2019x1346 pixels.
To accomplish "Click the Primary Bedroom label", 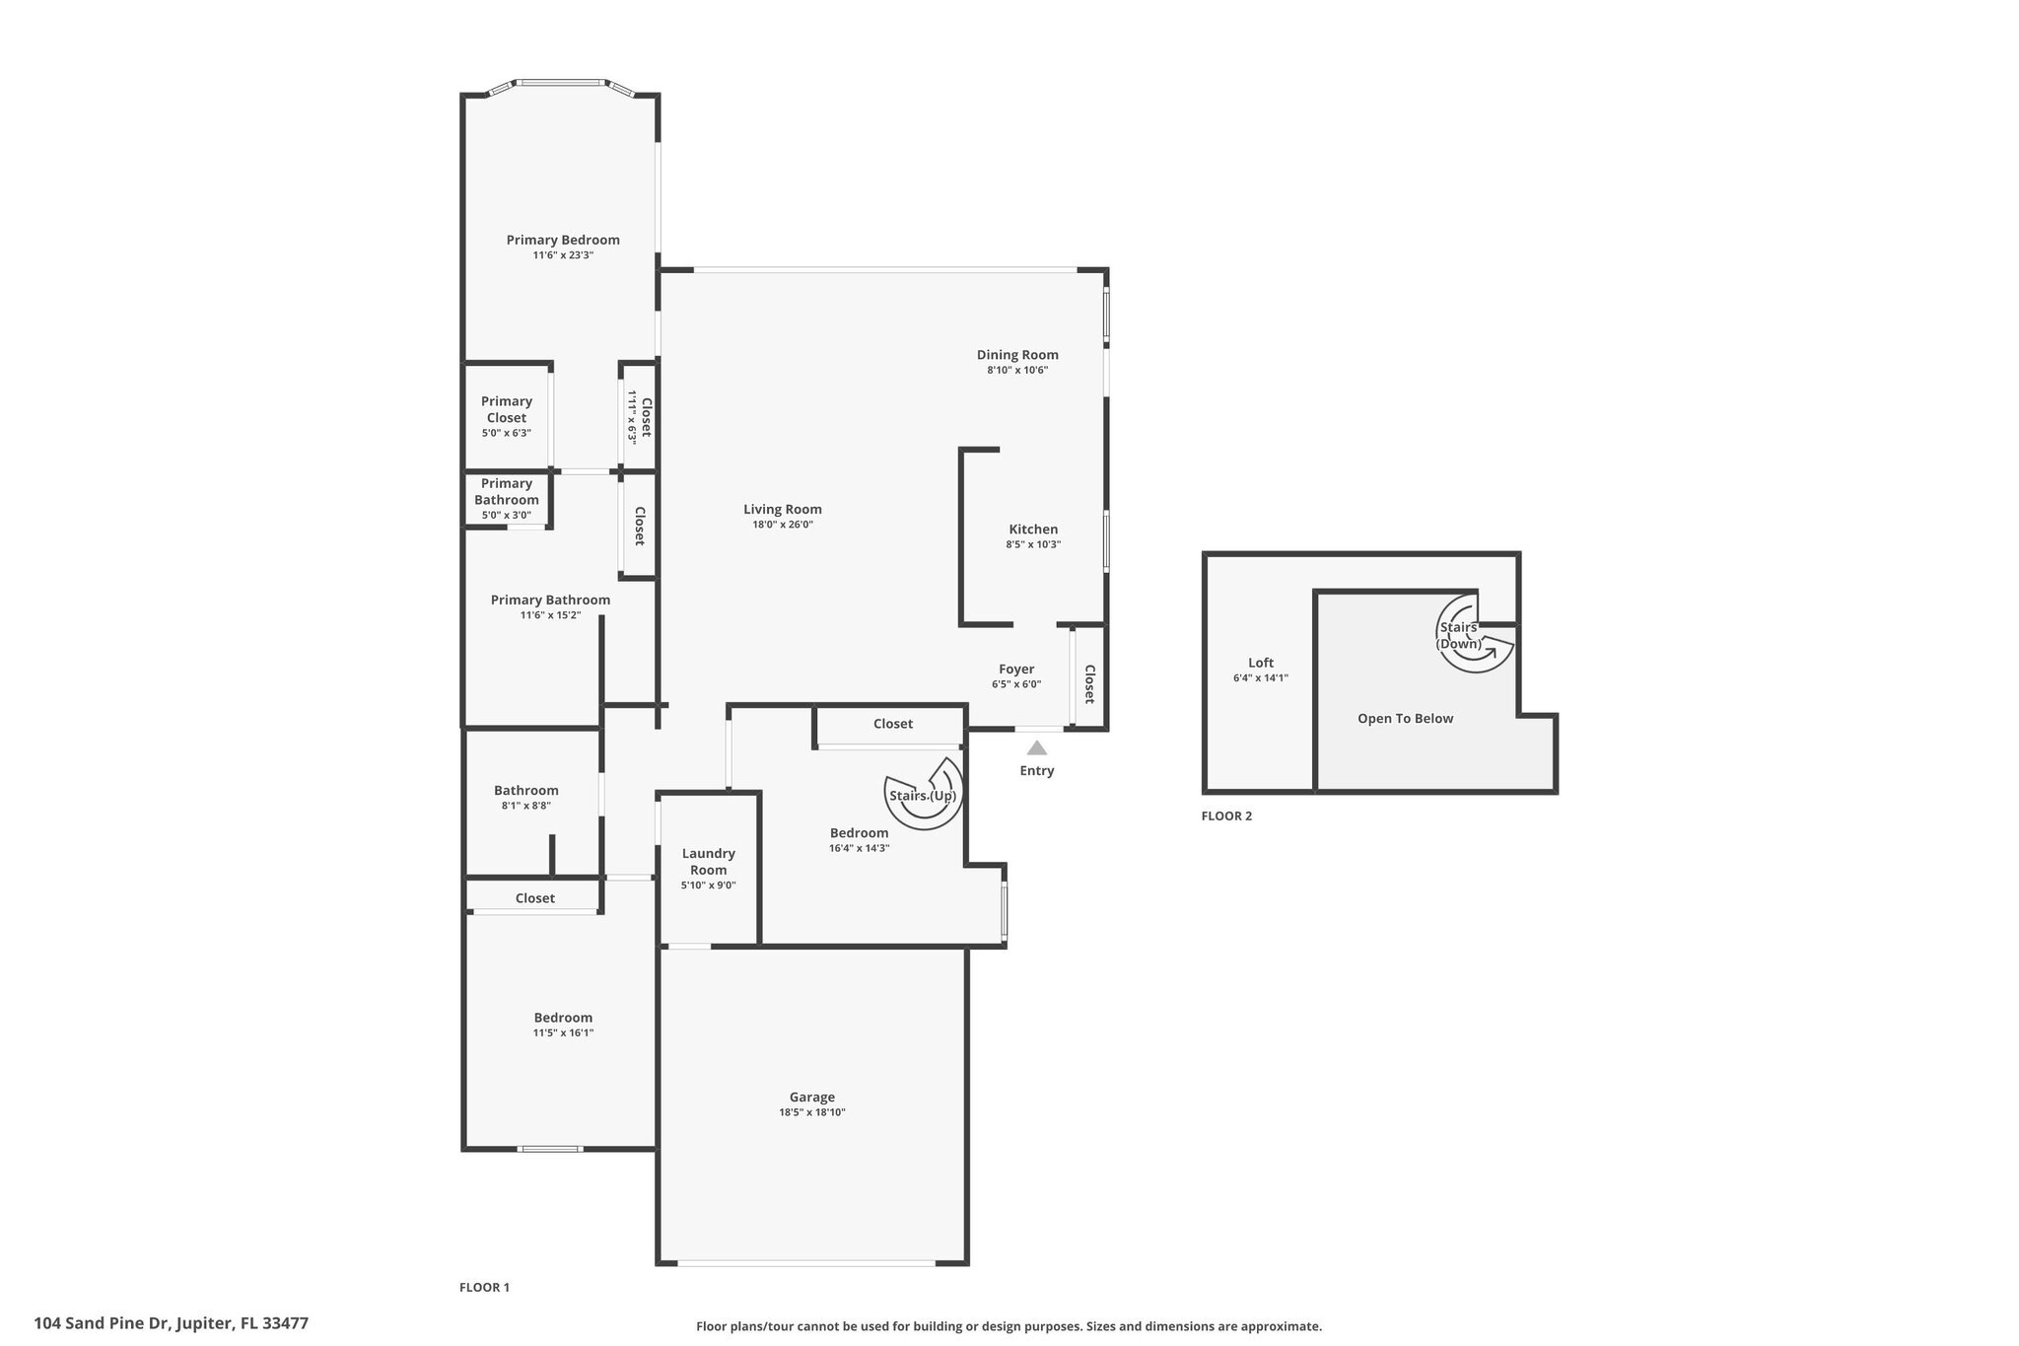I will tap(563, 240).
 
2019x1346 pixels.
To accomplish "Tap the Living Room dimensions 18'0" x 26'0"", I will tap(782, 525).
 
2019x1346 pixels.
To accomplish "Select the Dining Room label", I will tap(1017, 355).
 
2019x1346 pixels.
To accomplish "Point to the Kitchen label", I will tap(1033, 530).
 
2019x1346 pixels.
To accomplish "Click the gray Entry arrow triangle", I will tap(1037, 748).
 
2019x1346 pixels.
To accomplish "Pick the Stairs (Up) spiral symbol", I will tap(924, 794).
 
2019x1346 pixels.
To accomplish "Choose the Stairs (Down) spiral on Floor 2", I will tap(1474, 633).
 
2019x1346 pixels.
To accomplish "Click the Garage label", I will tap(811, 1097).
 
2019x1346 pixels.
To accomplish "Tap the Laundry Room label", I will tap(708, 861).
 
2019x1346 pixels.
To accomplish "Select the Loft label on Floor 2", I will tap(1261, 663).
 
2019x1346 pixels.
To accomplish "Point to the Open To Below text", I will tap(1405, 719).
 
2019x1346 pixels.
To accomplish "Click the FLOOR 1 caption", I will tap(484, 1287).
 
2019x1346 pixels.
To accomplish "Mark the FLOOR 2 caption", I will tap(1226, 815).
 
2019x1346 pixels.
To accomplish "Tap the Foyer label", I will tap(1016, 670).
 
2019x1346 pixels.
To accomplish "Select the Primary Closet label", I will tap(507, 409).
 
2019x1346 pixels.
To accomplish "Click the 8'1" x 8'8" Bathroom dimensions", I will tap(525, 806).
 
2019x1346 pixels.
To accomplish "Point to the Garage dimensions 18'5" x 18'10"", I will tap(811, 1112).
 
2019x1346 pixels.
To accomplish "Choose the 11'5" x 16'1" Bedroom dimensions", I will tap(563, 1033).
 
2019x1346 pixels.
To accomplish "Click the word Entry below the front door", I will tap(1037, 771).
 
